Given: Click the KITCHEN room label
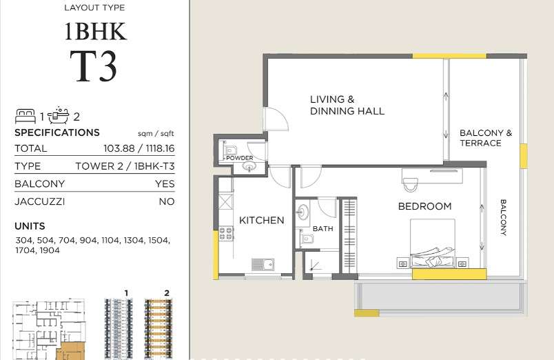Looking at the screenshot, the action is (261, 220).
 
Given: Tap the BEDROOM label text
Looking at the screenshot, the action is (424, 206).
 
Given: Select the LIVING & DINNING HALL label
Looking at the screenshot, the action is (347, 105).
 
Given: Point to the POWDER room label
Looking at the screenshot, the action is (240, 158).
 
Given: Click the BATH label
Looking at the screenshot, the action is (323, 229).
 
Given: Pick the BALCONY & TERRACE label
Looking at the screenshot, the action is (486, 138).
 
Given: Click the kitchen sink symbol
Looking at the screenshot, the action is (263, 264).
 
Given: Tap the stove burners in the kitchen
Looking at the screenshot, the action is (226, 234).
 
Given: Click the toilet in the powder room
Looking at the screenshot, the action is (229, 148).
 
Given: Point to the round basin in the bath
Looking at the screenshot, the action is (302, 212).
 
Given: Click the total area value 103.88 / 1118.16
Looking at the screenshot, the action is (139, 148).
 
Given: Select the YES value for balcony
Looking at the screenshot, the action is (165, 184).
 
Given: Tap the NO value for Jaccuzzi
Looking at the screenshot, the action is (167, 201).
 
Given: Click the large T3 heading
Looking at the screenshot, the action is (93, 66).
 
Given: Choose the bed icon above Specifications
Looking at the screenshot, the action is (25, 117).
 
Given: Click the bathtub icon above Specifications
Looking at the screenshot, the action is (59, 115).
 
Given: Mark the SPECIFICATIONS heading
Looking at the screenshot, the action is (57, 132).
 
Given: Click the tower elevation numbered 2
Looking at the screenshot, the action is (158, 329).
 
